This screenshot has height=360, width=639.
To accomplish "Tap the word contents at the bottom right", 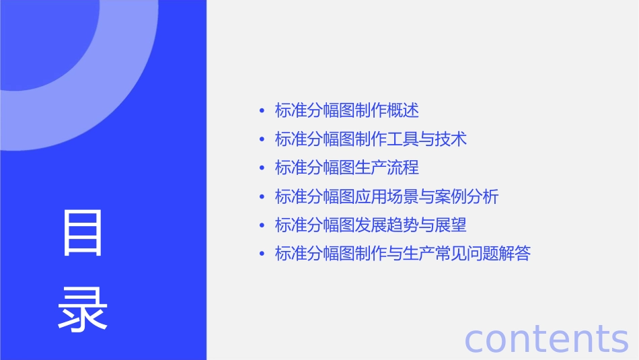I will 546,338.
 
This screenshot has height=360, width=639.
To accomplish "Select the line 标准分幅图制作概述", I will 347,110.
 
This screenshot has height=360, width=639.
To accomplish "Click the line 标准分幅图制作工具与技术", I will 371,139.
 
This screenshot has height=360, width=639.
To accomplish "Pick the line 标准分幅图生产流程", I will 347,168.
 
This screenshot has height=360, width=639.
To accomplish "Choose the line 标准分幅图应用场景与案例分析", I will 387,196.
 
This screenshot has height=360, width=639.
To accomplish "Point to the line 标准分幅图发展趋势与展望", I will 371,225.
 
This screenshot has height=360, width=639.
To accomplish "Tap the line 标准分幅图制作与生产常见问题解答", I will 403,254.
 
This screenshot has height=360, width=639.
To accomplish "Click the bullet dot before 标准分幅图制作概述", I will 262,111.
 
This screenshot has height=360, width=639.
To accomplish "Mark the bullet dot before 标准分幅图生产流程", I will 262,168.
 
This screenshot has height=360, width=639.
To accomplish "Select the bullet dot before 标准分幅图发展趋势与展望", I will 262,225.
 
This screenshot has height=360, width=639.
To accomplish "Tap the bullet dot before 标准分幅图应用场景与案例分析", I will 262,197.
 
